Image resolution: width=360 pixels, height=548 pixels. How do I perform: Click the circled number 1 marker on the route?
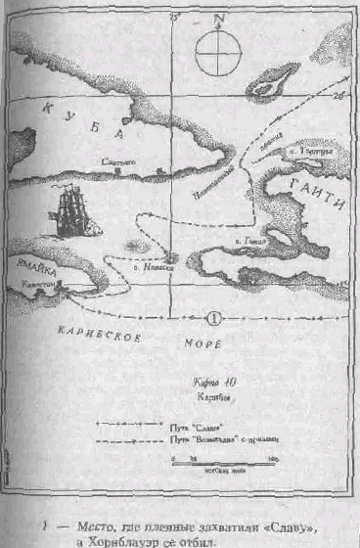click(215, 317)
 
